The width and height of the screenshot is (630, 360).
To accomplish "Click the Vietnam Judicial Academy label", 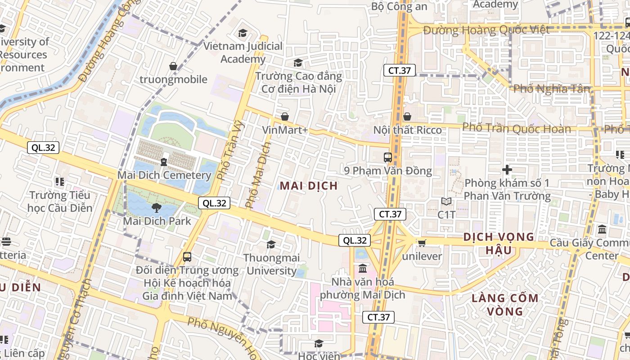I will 243,52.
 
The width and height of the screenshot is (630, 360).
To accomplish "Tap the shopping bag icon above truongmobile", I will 173,67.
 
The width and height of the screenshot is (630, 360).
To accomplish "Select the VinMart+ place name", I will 285,130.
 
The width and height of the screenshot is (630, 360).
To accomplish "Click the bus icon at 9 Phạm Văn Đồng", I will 387,157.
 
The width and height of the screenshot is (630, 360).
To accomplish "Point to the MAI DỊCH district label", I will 309,186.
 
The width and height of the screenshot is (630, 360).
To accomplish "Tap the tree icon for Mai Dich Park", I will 157,208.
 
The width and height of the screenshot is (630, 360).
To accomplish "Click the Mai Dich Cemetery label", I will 164,175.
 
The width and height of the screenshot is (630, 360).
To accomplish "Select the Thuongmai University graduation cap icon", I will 271,244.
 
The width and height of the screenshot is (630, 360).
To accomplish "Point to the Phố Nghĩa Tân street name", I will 552,89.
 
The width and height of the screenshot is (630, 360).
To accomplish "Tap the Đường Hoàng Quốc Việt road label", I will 486,30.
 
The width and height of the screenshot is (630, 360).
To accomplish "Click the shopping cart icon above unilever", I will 422,243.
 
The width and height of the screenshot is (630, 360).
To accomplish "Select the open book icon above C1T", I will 446,202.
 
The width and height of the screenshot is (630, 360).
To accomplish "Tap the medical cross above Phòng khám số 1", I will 507,170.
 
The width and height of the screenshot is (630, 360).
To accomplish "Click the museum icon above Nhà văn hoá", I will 363,269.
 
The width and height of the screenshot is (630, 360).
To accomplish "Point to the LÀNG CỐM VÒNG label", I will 505,304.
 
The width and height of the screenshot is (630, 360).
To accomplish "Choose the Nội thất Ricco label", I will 408,130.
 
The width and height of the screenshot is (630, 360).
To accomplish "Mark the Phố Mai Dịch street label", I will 258,175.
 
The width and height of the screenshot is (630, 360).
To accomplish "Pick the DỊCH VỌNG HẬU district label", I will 499,243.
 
